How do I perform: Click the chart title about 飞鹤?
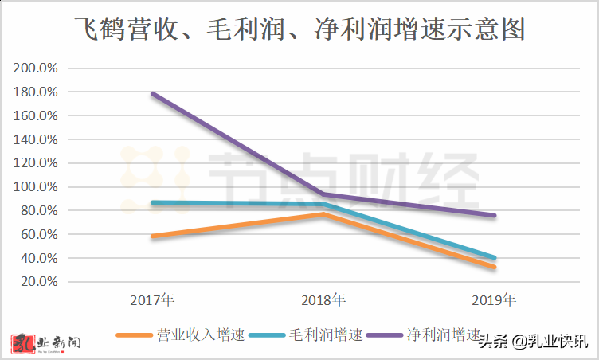click(x=299, y=31)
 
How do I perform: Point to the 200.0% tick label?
click(x=36, y=68)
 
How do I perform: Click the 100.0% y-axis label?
click(x=36, y=187)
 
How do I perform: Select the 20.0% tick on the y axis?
click(x=39, y=282)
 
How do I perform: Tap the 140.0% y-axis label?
click(x=36, y=139)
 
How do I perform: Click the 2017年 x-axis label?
click(x=152, y=301)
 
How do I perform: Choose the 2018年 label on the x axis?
click(x=323, y=301)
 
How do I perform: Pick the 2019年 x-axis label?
click(x=494, y=301)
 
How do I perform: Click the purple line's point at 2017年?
click(x=152, y=94)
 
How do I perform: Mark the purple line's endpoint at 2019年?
click(x=494, y=216)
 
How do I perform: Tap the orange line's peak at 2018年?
click(x=323, y=214)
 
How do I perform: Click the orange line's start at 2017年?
click(x=152, y=237)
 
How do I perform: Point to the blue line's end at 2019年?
click(x=494, y=258)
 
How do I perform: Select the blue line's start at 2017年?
click(x=152, y=203)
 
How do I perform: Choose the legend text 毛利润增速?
click(x=325, y=335)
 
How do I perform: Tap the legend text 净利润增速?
click(x=444, y=335)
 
